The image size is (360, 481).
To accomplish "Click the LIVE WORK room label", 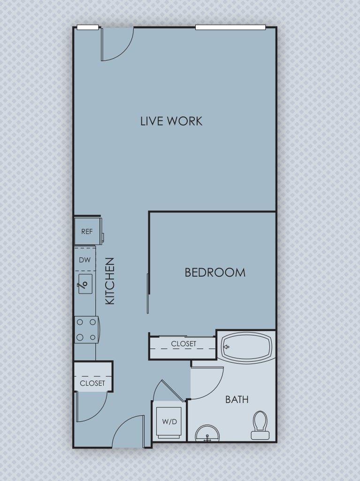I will [171, 121].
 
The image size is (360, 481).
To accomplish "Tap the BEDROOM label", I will [215, 272].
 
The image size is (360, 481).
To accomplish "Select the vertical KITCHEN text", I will [110, 280].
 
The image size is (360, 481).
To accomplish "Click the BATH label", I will [237, 400].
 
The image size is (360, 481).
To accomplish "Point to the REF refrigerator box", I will [87, 232].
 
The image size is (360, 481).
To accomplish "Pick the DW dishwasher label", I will [85, 260].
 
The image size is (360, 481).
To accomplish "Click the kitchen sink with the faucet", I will [85, 284].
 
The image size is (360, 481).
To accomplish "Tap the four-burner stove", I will [86, 330].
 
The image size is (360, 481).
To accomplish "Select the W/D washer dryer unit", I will [169, 421].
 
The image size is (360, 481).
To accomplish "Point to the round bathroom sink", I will [207, 434].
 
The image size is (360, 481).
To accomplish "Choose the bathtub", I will [245, 347].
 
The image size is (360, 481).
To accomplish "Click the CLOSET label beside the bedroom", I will [184, 344].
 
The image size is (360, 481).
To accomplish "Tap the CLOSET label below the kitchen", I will [92, 383].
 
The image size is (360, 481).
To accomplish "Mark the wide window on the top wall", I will [230, 27].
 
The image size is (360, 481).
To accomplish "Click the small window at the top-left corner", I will [88, 27].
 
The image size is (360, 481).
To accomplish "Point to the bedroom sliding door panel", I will [148, 294].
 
